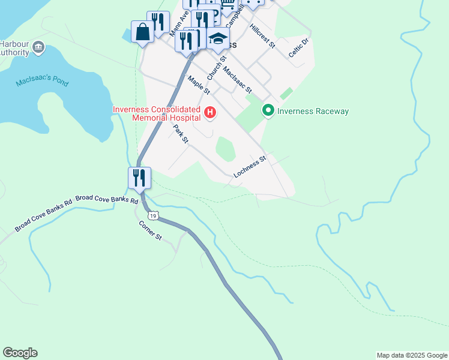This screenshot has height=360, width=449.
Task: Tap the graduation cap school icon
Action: pos(218,39)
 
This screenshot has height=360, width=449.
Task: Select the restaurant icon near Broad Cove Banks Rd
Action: pos(139,178)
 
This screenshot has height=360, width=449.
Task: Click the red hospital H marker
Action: pos(210,112)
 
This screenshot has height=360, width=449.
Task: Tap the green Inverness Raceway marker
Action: pos(268,111)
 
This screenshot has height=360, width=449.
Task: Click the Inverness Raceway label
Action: pos(313,112)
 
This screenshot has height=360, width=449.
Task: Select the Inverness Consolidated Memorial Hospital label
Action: pos(157,114)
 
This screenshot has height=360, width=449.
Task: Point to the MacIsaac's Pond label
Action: pos(40,80)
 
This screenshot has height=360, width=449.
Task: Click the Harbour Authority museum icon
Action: pos(38,47)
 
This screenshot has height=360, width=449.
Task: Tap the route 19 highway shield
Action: pos(155,215)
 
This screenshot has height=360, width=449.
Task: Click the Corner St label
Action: pos(151,230)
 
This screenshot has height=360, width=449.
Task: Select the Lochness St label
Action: pos(249,166)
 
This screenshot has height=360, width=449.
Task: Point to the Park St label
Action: pos(181,134)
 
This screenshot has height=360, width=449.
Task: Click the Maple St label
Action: pos(199,85)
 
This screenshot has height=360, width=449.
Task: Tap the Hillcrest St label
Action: pos(263,36)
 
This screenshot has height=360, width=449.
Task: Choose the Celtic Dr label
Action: pos(298,47)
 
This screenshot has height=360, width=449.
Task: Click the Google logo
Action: pos(20,353)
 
